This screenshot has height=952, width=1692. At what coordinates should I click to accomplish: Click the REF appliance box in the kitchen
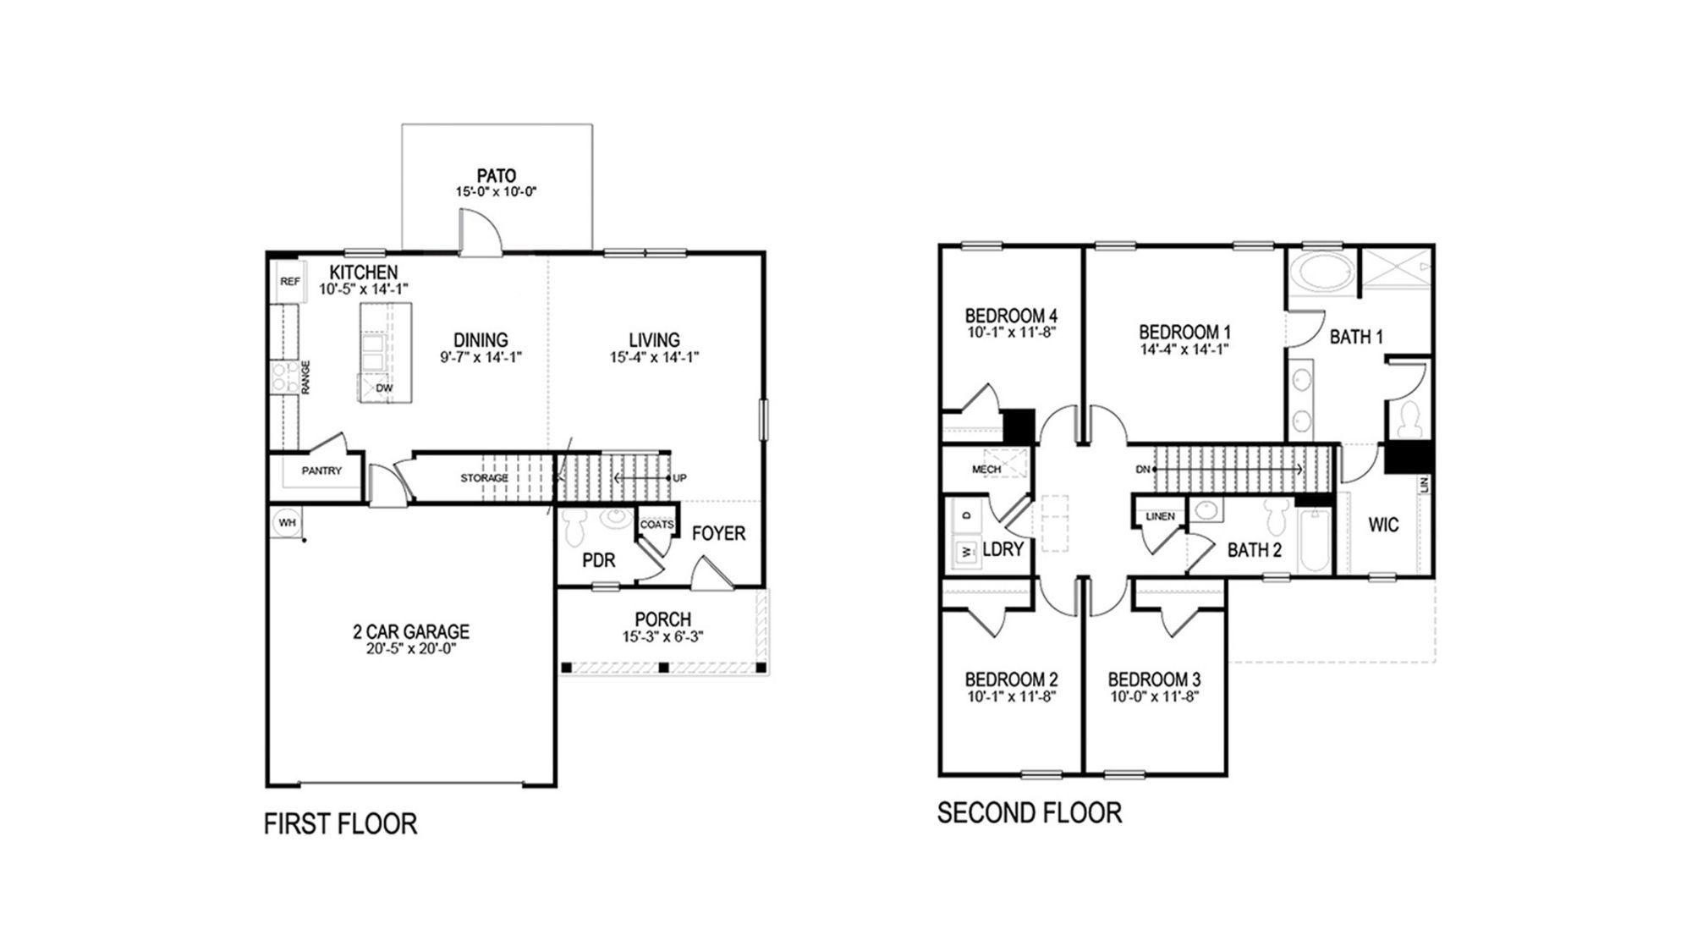click(289, 282)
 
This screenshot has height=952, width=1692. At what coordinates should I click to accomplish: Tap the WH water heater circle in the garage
click(287, 523)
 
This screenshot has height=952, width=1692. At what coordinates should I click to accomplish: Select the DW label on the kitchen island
click(384, 388)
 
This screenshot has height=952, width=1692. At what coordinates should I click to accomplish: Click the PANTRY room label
click(321, 470)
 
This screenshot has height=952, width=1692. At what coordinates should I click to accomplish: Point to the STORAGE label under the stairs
click(484, 478)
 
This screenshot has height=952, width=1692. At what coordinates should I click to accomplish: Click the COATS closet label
click(656, 525)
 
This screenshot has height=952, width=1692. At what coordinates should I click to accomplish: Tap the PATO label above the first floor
click(496, 176)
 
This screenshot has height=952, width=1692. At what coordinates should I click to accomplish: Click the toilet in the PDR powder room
click(576, 526)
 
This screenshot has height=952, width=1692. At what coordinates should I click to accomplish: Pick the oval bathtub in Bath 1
click(1321, 272)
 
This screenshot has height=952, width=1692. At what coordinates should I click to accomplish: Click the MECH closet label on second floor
click(986, 469)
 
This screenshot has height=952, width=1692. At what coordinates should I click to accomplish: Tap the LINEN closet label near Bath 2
click(1160, 516)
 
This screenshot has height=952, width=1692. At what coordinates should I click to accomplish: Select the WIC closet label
click(1383, 525)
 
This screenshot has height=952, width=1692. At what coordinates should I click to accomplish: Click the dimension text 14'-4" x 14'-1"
click(1184, 349)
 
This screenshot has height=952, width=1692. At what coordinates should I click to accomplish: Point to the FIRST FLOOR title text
click(340, 823)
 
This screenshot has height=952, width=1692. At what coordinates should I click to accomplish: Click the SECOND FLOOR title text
click(1029, 812)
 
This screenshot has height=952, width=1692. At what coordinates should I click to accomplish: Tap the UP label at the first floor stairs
click(679, 478)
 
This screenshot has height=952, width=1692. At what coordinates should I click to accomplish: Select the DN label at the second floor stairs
click(1143, 469)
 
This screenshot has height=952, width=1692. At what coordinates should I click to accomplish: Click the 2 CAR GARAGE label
click(411, 631)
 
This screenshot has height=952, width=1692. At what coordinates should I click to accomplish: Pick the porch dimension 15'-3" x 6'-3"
click(662, 636)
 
